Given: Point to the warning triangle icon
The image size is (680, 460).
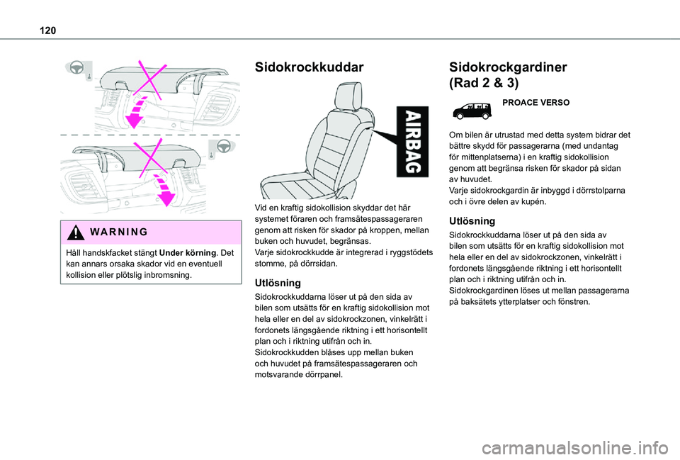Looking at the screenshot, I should coord(72,232).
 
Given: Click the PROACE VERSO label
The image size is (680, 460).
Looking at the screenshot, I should coord(535,103).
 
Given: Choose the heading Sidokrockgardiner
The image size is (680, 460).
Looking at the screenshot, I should coord(508,67).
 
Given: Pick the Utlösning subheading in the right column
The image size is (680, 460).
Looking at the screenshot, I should coord(472,221).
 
